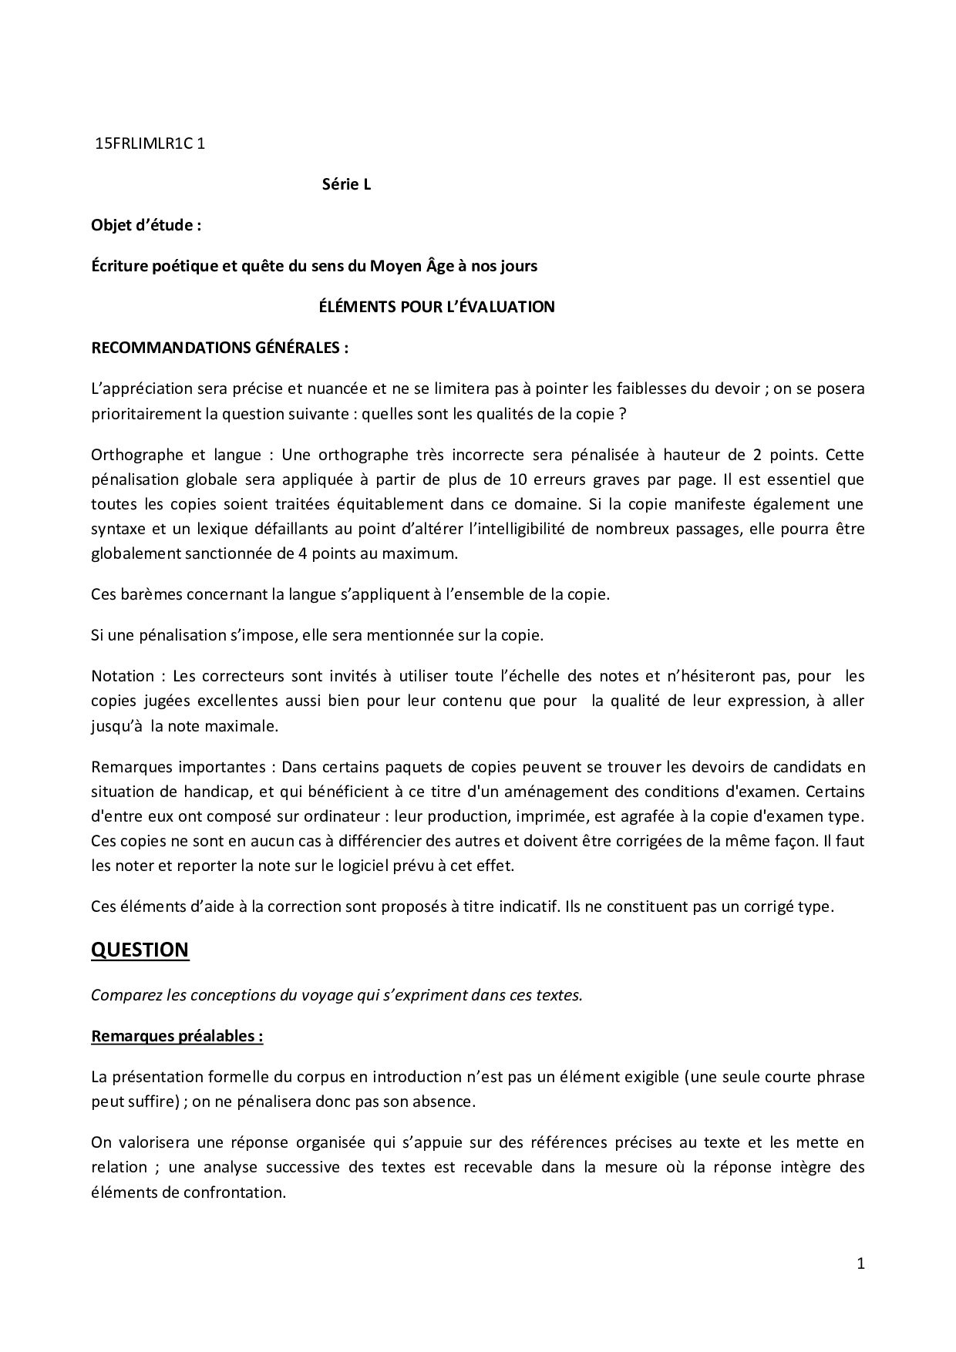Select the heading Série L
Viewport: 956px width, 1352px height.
tap(346, 185)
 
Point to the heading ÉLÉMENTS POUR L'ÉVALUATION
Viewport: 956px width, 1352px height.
tap(437, 307)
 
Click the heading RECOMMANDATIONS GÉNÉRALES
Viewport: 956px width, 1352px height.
tap(220, 348)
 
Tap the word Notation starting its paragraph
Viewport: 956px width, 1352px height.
tap(123, 676)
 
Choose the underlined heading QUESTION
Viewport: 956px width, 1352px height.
tap(140, 950)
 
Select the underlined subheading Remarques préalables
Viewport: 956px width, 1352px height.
tap(177, 1036)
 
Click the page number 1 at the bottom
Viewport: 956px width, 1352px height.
tap(860, 1263)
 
